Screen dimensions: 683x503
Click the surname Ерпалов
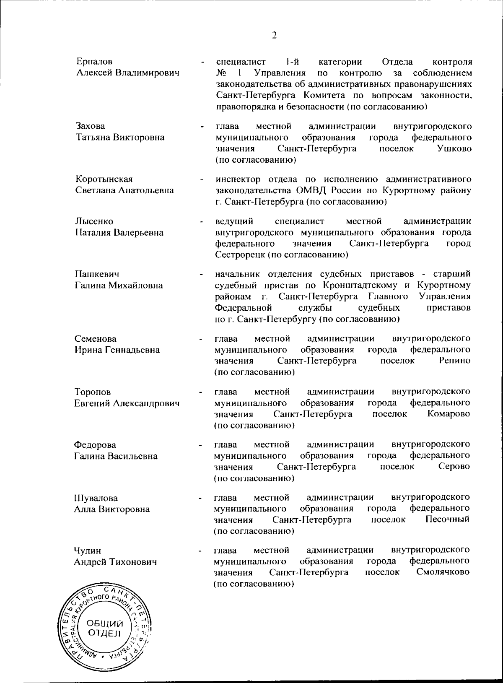[94, 62]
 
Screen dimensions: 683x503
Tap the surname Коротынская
[104, 179]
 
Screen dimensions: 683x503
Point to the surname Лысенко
[94, 221]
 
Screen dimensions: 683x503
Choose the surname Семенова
[96, 339]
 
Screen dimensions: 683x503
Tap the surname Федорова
[95, 445]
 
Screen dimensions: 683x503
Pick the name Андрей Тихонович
[115, 562]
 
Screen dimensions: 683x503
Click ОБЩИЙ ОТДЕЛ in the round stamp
[104, 628]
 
